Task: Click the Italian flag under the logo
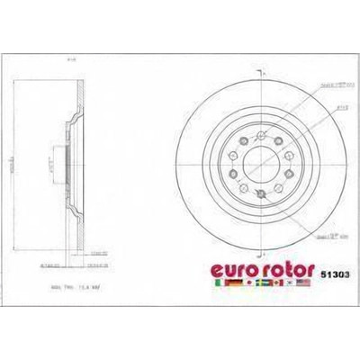216,282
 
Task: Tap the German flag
232,282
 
